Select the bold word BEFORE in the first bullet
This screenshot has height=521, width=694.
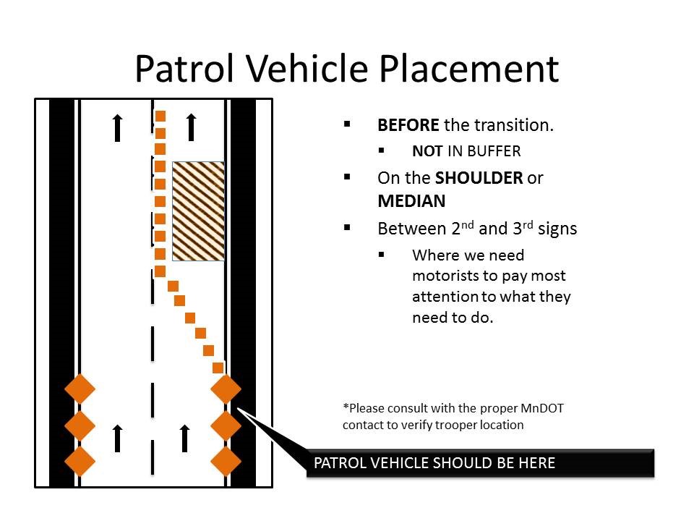click(408, 124)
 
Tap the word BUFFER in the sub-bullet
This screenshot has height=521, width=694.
click(493, 151)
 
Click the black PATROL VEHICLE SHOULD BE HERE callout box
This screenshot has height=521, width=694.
click(480, 463)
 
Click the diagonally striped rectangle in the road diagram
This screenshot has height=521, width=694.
click(198, 211)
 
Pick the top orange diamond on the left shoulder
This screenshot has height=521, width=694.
click(80, 389)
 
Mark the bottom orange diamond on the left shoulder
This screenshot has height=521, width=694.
click(80, 461)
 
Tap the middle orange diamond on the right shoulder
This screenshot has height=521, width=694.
click(226, 425)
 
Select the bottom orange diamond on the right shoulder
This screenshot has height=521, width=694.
click(226, 461)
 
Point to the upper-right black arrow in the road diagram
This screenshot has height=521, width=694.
click(192, 127)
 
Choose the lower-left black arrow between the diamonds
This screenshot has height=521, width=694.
click(118, 439)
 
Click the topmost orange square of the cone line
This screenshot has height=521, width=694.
click(160, 116)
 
